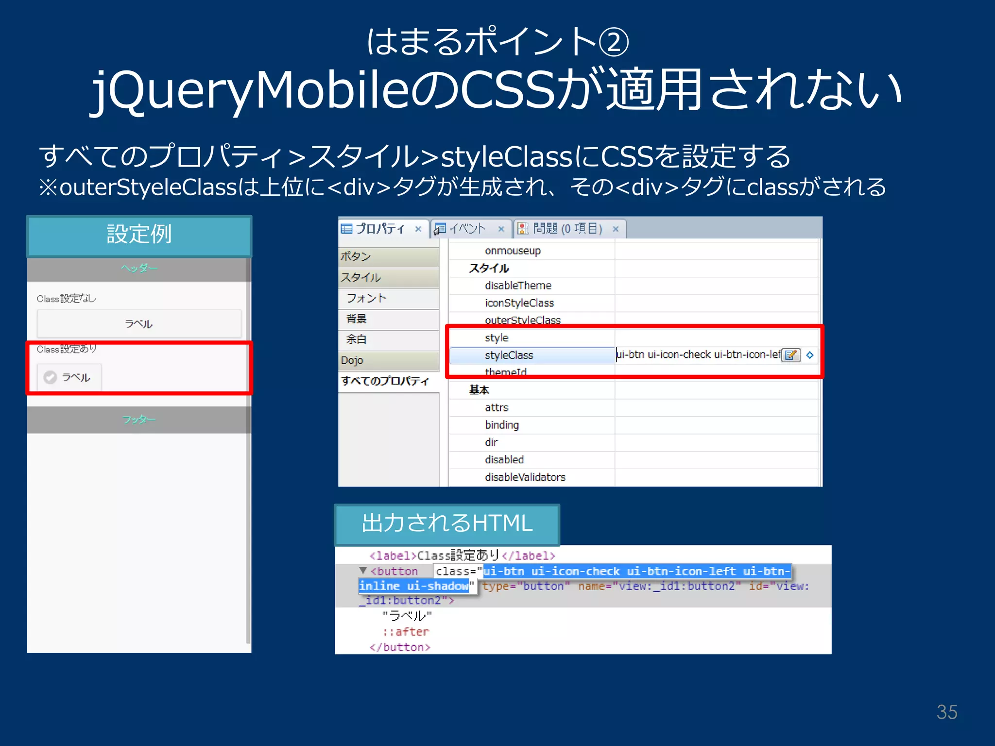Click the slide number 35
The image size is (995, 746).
pos(946,712)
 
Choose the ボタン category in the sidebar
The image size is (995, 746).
pos(355,256)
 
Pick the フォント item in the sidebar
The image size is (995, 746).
pos(366,298)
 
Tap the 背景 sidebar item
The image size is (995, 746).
pos(356,319)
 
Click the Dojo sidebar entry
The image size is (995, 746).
pos(352,360)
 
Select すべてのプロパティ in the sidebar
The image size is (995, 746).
pos(385,381)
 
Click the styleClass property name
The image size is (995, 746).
pos(509,356)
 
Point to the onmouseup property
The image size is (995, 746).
pos(513,251)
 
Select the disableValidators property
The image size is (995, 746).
pos(525,477)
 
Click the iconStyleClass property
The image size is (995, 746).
pos(519,303)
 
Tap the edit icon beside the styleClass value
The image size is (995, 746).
pos(791,355)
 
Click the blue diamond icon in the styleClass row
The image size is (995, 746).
pos(810,355)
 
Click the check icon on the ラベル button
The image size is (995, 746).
pos(50,377)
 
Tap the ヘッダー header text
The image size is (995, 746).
pos(139,268)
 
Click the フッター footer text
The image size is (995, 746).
pos(139,419)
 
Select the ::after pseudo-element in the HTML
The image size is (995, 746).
pos(406,632)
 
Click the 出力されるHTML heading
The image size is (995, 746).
pos(447,524)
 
